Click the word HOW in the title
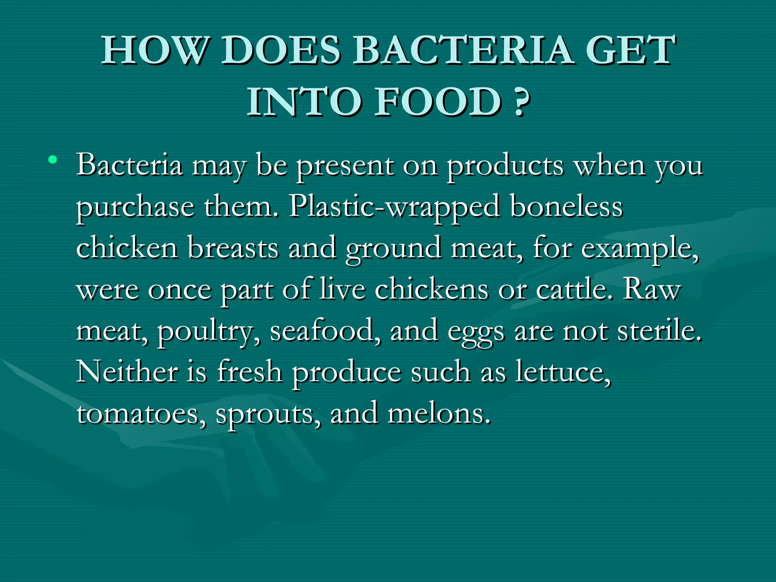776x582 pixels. pyautogui.click(x=155, y=50)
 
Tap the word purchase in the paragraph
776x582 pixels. pyautogui.click(x=135, y=208)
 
